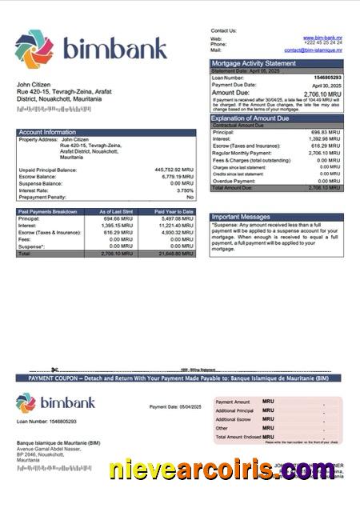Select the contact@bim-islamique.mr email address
point(311,50)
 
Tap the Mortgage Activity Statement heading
point(253,63)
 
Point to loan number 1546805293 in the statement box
point(326,78)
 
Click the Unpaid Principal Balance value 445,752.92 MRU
point(174,170)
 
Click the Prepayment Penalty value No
point(190,197)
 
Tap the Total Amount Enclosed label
point(238,438)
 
